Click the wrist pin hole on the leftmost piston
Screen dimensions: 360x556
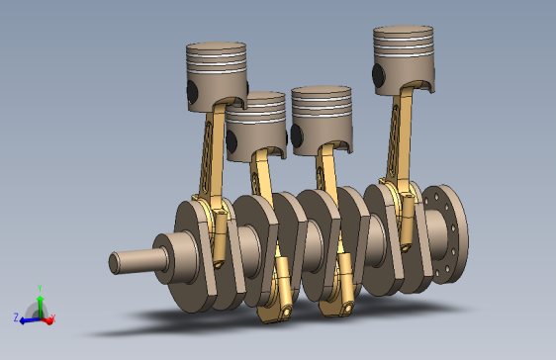pyautogui.click(x=191, y=91)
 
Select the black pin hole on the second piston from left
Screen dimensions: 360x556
pyautogui.click(x=232, y=140)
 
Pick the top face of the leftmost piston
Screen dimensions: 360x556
pyautogui.click(x=216, y=47)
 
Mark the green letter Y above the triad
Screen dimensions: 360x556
pyautogui.click(x=39, y=287)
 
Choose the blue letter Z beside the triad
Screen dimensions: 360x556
pyautogui.click(x=17, y=318)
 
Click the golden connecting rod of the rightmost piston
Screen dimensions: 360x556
pyautogui.click(x=399, y=138)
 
